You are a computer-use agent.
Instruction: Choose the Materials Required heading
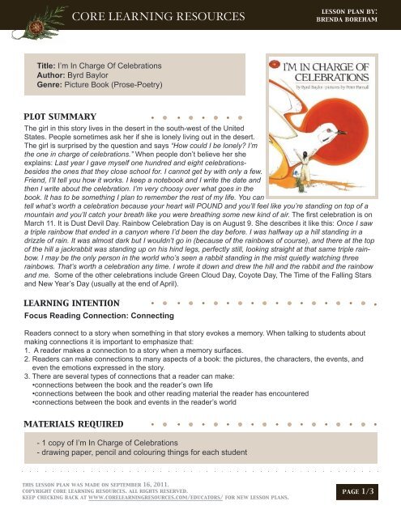(x=75, y=424)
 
